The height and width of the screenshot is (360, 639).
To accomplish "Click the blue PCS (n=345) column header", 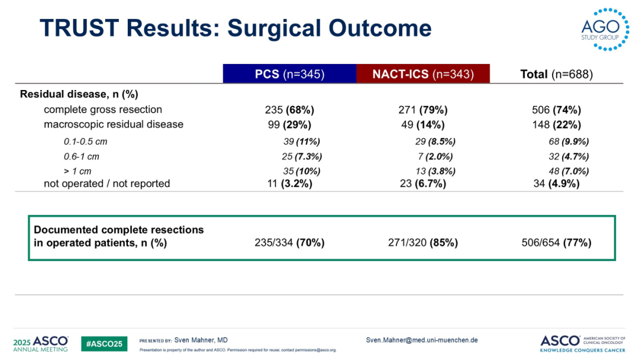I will (x=289, y=74).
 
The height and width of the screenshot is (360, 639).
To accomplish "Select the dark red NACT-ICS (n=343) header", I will (x=423, y=74).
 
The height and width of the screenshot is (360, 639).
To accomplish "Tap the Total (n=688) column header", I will (x=556, y=74).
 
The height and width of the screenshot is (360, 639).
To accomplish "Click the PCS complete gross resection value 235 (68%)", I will (x=289, y=110).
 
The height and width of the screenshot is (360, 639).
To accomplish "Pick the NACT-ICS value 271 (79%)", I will (x=423, y=110).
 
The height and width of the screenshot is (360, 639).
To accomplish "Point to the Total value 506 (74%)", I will (x=557, y=110).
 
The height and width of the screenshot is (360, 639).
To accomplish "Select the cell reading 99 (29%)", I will (x=289, y=124).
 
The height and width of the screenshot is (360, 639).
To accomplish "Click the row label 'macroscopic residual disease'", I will (x=114, y=124).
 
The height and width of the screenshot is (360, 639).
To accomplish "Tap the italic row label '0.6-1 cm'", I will (x=82, y=157).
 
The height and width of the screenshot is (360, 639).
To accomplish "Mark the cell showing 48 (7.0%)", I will (x=569, y=172).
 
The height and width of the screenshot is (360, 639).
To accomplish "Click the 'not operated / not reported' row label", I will (x=107, y=184).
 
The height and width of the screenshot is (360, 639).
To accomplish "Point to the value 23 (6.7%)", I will (x=423, y=184).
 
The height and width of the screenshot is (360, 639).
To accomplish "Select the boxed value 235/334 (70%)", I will (x=290, y=243).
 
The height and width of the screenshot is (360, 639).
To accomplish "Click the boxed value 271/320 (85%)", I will (x=423, y=243).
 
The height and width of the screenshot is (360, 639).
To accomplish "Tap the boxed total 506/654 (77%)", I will (x=556, y=243).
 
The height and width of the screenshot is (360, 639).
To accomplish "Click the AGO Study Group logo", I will (x=600, y=30).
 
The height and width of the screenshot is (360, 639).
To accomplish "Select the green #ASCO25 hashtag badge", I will (x=104, y=343).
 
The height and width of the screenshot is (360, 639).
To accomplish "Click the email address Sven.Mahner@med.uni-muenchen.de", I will (x=422, y=340).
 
